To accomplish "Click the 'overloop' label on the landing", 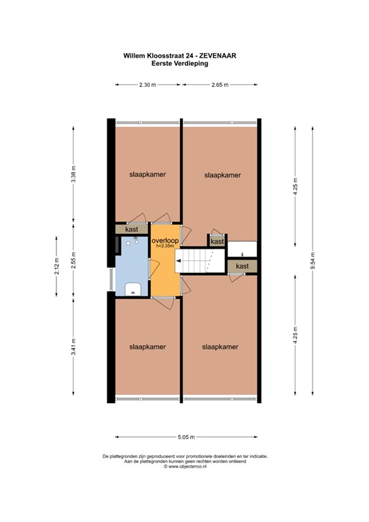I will pos(165,241).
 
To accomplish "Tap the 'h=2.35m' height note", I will pos(165,247).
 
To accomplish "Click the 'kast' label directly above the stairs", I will pos(217,241).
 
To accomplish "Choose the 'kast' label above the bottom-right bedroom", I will pos(243,266).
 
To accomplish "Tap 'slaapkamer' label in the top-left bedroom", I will pos(147,174).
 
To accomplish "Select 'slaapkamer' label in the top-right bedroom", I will pos(222,175).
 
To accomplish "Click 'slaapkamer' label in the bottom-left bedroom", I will pos(147,347).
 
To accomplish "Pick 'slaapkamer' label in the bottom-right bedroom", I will pos(220,347).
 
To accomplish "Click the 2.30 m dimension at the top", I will pos(147,85).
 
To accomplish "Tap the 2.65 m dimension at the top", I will pos(219,85).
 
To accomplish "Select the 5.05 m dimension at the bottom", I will pos(186,436).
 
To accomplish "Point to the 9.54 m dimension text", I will pos(313,261).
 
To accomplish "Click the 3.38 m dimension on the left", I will pos(74,175).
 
